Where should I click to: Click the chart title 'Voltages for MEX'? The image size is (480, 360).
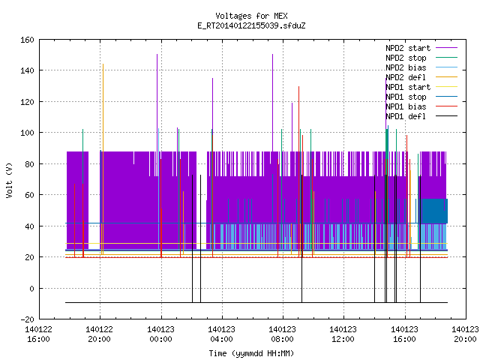(251, 16)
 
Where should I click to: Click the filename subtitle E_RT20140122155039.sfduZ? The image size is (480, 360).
(251, 25)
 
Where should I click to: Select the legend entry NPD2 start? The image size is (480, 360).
(421, 48)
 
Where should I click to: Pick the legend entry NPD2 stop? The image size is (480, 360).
(421, 58)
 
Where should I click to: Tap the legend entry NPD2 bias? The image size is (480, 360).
(421, 67)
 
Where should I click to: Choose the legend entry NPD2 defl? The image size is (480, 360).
(421, 77)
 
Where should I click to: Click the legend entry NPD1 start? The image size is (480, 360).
(421, 87)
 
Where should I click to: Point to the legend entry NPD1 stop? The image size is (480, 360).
(421, 97)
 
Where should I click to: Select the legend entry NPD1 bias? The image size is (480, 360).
(421, 106)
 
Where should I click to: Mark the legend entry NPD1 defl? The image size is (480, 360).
(421, 116)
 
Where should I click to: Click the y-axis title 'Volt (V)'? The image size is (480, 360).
(9, 180)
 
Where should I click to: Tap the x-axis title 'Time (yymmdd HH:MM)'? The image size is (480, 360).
(251, 353)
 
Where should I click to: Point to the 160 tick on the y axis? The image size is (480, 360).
(27, 40)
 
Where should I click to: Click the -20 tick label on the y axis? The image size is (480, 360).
(27, 319)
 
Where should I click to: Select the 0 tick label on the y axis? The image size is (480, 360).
(31, 288)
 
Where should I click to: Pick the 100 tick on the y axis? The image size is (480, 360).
(27, 133)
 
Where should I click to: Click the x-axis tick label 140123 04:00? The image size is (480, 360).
(221, 334)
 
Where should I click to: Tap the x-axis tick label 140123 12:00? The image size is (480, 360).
(343, 334)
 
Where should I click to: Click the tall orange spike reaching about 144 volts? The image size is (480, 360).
(103, 159)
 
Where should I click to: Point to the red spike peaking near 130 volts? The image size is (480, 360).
(298, 172)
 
